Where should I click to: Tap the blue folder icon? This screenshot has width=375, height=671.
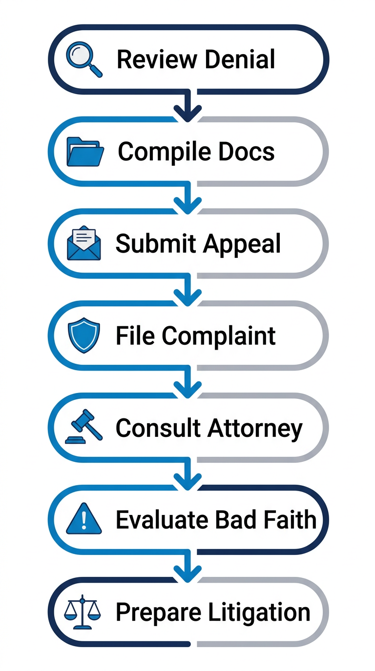pos(85,151)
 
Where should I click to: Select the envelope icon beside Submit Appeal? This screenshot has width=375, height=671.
pos(84,243)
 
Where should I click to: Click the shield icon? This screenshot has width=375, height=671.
pos(84,335)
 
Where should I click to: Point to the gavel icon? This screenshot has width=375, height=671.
pos(84,427)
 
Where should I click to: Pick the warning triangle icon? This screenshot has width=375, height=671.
pos(84,520)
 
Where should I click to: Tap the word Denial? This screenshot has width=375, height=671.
pos(240,59)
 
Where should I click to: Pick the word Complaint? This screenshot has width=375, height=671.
pos(219,336)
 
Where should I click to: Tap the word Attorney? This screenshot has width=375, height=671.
pos(255,429)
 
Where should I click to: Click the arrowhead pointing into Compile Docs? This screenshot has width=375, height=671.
pos(188,113)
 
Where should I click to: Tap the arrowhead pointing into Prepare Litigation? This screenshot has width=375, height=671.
pos(188,574)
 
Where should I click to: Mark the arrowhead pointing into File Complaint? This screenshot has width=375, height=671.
pos(188,297)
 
